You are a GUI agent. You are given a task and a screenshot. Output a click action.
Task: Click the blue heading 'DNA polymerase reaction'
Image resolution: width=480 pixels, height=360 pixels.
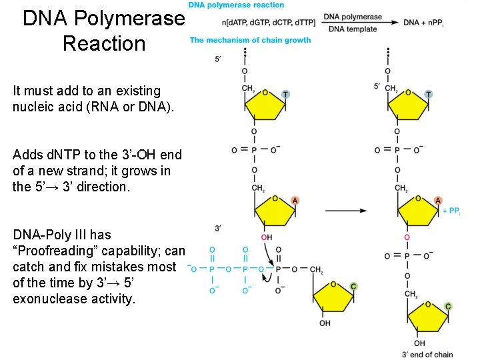(237, 5)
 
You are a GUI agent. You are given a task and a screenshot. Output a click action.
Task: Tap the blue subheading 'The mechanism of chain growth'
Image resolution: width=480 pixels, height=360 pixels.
(251, 40)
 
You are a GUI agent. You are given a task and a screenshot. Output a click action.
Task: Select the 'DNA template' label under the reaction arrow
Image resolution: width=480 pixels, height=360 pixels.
(353, 29)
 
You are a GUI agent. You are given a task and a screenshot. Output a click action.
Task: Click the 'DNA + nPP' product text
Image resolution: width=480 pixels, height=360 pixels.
(423, 23)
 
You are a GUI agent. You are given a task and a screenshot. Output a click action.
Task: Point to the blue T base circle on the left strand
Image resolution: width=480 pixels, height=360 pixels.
(285, 95)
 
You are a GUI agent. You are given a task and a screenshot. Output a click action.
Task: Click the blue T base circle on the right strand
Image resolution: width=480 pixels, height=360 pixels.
(429, 95)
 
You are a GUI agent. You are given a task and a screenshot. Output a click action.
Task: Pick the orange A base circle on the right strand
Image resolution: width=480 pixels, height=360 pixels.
(438, 201)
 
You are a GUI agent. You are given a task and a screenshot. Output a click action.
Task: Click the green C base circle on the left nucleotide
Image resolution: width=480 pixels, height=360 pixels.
(353, 286)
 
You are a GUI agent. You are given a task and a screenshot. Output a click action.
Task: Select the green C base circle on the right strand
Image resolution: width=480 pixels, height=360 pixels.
(448, 307)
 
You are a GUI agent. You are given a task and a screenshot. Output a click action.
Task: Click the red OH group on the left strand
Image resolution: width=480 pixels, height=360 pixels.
(266, 237)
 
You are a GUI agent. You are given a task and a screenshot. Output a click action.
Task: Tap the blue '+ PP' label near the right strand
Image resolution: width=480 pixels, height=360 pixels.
(451, 211)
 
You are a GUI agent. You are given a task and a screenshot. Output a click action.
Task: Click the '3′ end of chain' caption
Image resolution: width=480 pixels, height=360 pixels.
(427, 354)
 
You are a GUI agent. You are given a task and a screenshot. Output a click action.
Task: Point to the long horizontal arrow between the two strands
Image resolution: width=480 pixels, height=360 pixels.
(347, 211)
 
